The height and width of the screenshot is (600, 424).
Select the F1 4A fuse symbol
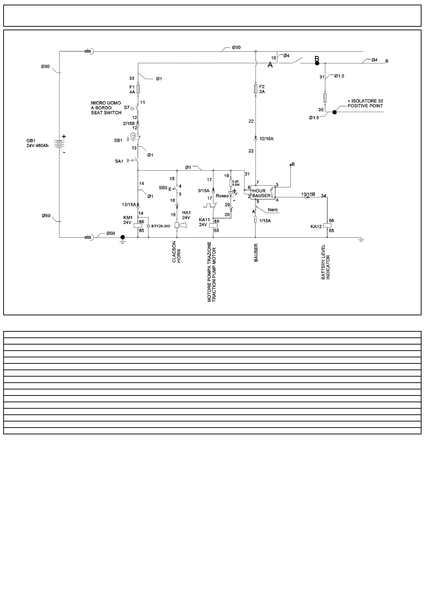pyautogui.click(x=138, y=89)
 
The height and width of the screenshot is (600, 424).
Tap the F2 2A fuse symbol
pyautogui.click(x=256, y=89)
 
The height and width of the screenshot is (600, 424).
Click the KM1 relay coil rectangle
pyautogui.click(x=138, y=226)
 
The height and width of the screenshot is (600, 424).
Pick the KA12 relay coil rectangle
pyautogui.click(x=327, y=226)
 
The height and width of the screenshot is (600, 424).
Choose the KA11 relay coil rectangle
pyautogui.click(x=213, y=226)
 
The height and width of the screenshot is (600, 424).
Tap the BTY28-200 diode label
pyautogui.click(x=161, y=226)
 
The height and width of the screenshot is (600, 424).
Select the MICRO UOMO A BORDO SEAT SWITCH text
pyautogui.click(x=106, y=108)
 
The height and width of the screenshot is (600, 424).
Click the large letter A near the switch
pyautogui.click(x=270, y=65)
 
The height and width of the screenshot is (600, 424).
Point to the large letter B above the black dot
pyautogui.click(x=316, y=58)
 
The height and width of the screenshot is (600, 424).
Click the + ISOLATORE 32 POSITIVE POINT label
pyautogui.click(x=365, y=103)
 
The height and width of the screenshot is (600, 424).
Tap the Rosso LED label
pyautogui.click(x=222, y=196)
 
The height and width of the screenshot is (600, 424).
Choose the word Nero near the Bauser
pyautogui.click(x=273, y=210)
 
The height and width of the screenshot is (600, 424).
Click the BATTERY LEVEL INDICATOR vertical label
pyautogui.click(x=325, y=262)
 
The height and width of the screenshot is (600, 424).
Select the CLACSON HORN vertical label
pyautogui.click(x=176, y=252)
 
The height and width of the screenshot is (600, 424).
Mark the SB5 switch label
pyautogui.click(x=163, y=187)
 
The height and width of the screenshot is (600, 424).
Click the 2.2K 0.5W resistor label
pyautogui.click(x=236, y=183)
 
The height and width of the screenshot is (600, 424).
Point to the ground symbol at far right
pyautogui.click(x=361, y=240)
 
